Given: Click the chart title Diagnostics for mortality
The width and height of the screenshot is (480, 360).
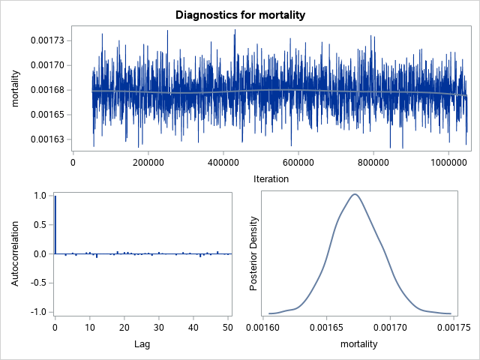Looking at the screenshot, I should pyautogui.click(x=240, y=15).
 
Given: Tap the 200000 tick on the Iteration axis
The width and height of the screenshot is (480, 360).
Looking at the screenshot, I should pyautogui.click(x=148, y=161).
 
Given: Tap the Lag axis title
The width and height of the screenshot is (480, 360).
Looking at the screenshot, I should pyautogui.click(x=142, y=344).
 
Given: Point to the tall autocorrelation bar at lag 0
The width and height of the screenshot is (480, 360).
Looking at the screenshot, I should pyautogui.click(x=55, y=225).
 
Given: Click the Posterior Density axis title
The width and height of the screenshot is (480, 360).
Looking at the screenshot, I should pyautogui.click(x=254, y=253).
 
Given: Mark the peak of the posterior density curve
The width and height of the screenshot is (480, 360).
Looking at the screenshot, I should pyautogui.click(x=355, y=194).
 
